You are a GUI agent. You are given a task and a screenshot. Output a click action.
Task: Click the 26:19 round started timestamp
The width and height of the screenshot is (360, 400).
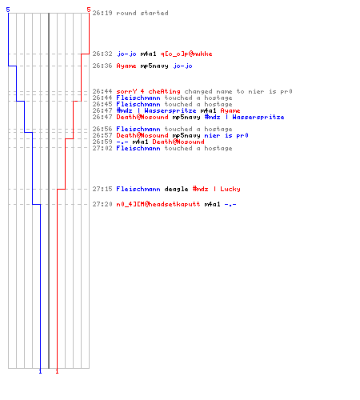pyautogui.click(x=102, y=13)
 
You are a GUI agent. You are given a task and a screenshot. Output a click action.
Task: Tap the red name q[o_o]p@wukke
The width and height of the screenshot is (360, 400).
pyautogui.click(x=186, y=54)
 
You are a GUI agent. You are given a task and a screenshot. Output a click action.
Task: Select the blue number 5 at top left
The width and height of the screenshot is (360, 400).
pyautogui.click(x=8, y=10)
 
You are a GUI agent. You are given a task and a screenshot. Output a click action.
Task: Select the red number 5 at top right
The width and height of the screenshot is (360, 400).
pyautogui.click(x=89, y=10)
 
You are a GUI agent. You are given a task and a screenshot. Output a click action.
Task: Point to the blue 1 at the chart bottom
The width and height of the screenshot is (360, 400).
pyautogui.click(x=40, y=371)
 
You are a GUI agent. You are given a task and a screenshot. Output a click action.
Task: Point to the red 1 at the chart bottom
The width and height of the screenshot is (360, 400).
pyautogui.click(x=57, y=371)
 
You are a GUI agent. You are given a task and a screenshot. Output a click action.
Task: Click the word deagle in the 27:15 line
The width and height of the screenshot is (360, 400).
pyautogui.click(x=176, y=189)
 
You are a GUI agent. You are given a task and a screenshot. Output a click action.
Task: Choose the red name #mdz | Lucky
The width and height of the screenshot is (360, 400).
pyautogui.click(x=217, y=189)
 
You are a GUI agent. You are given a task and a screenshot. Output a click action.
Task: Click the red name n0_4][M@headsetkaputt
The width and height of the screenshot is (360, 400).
pyautogui.click(x=158, y=204)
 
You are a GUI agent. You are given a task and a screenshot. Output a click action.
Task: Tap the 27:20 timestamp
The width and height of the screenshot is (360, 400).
pyautogui.click(x=102, y=204)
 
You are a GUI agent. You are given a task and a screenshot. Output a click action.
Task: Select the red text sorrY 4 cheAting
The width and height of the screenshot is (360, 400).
pyautogui.click(x=148, y=91)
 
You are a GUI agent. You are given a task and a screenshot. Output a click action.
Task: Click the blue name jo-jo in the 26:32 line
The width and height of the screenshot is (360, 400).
pyautogui.click(x=126, y=54)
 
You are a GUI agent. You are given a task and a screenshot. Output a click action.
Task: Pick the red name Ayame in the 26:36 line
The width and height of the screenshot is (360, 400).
pyautogui.click(x=126, y=66)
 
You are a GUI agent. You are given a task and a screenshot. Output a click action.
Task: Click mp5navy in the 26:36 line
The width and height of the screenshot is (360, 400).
pyautogui.click(x=154, y=66)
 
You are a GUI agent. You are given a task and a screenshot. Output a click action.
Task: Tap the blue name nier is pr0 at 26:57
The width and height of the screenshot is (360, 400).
pyautogui.click(x=226, y=135)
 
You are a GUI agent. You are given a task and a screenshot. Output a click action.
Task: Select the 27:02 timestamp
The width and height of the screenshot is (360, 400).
pyautogui.click(x=102, y=148)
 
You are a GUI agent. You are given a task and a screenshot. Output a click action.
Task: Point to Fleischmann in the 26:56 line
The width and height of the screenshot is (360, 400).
pyautogui.click(x=138, y=129)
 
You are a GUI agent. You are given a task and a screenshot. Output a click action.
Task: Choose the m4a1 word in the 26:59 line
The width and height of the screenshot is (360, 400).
pyautogui.click(x=140, y=142)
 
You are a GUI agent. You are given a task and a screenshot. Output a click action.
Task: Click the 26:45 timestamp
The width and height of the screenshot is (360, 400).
pyautogui.click(x=102, y=104)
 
